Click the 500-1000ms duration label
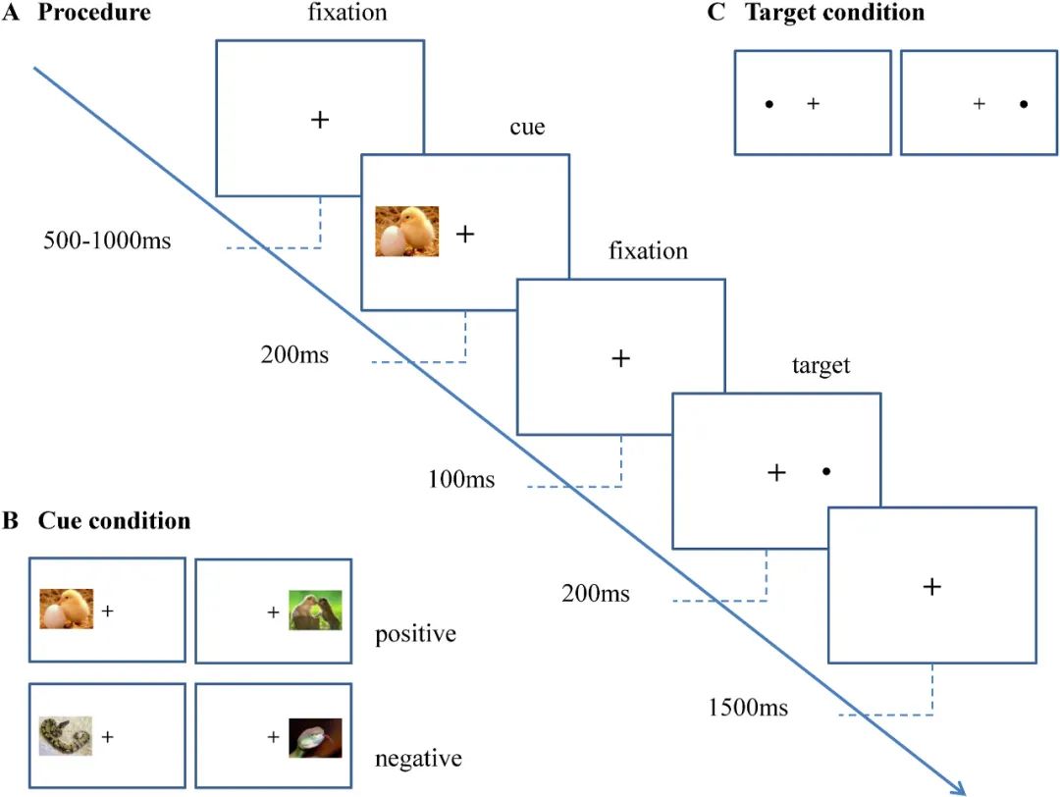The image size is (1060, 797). click(107, 240)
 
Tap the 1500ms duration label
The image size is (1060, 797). click(748, 708)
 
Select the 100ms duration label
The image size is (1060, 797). click(461, 479)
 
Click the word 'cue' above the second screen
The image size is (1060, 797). click(527, 128)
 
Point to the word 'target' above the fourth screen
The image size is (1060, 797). click(821, 366)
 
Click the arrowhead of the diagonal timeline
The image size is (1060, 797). click(960, 789)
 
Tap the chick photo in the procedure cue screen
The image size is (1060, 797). click(407, 232)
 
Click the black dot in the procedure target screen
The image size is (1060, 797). click(826, 471)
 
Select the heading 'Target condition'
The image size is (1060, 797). click(834, 12)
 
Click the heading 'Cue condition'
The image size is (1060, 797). click(114, 520)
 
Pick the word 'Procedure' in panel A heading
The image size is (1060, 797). click(94, 12)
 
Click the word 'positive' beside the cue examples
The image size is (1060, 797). click(416, 635)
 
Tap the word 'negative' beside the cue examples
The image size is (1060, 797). click(418, 759)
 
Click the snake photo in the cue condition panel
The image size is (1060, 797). click(66, 736)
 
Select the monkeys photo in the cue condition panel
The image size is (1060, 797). click(315, 611)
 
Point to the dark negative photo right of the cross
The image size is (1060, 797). click(315, 737)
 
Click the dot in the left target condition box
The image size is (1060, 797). click(769, 104)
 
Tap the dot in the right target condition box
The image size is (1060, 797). click(1024, 104)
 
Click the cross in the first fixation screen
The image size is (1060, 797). click(320, 120)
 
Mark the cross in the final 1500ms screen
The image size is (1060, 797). click(931, 586)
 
